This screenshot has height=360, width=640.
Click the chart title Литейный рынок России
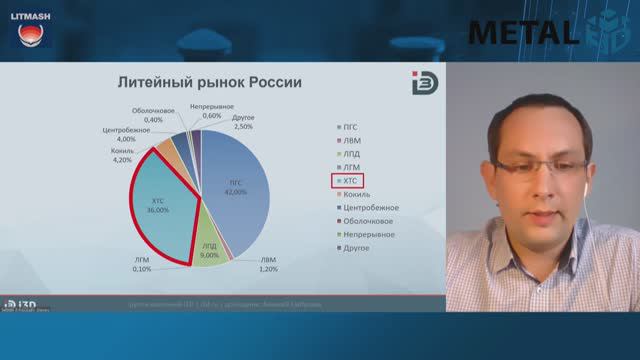[x=210, y=82]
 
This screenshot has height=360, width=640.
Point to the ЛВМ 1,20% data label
[x=268, y=265]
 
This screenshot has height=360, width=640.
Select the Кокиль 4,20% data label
[x=122, y=155]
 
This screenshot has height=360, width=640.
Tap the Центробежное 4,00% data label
[x=126, y=134]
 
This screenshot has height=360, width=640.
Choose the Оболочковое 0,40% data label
[x=154, y=115]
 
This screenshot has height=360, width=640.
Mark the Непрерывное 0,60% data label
[x=212, y=111]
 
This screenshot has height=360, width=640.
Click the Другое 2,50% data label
[x=242, y=123]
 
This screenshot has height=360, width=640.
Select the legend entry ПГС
[x=350, y=127]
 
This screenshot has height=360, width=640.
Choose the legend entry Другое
[x=354, y=248]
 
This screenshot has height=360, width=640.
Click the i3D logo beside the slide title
[x=422, y=83]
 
